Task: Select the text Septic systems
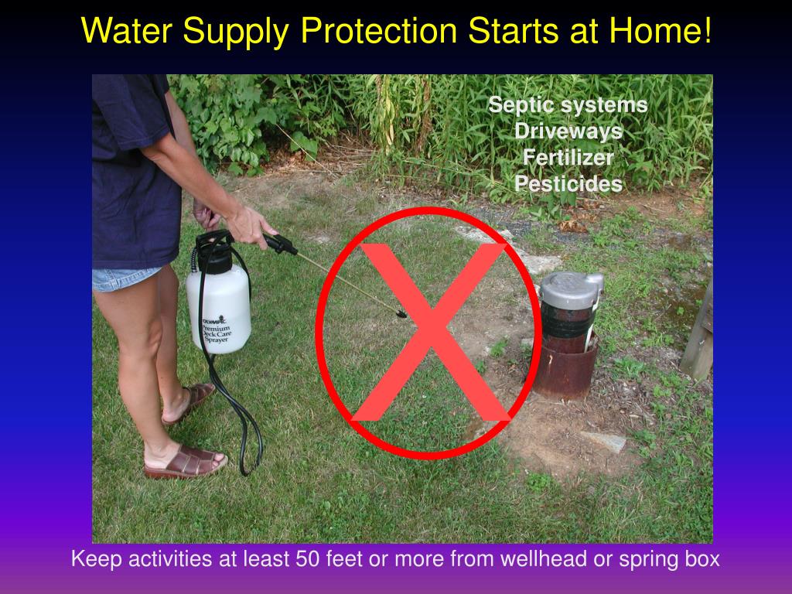[x=568, y=104]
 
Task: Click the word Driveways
[x=568, y=131]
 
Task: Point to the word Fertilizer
[x=568, y=158]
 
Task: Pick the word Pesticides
[x=568, y=184]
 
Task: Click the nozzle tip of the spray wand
[x=401, y=313]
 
